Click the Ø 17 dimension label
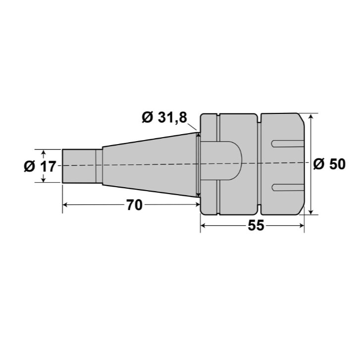pos(40,166)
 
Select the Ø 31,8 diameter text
pos(164,117)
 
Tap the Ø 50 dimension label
pos(329,164)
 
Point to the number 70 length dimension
pos(134,205)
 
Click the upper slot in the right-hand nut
pos(287,144)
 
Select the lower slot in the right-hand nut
pos(287,187)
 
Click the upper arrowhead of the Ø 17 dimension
pos(44,152)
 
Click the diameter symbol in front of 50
pos(319,164)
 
